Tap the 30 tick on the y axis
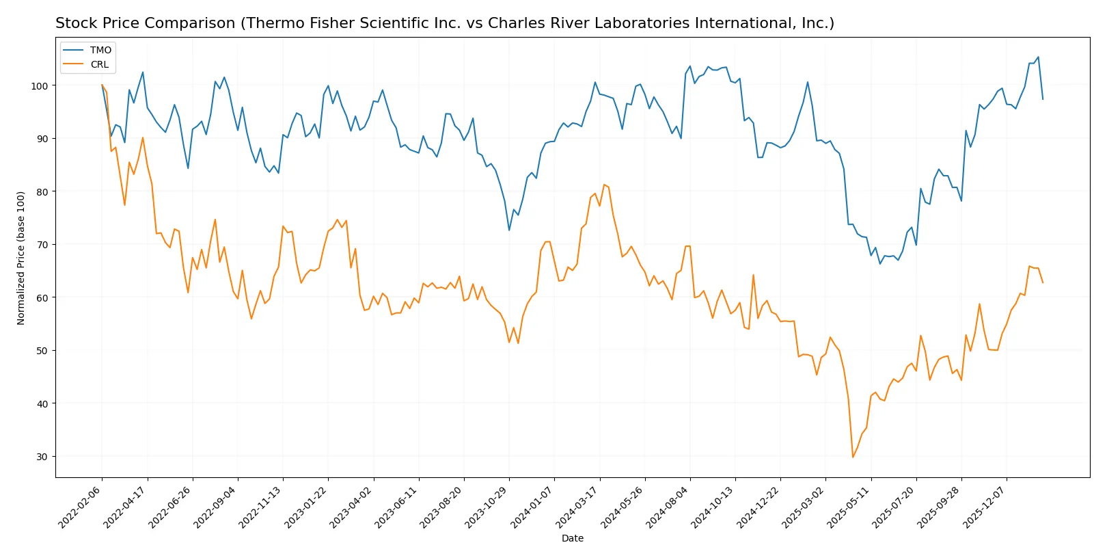pos(41,457)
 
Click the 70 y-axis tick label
pos(41,245)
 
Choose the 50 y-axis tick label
pos(41,351)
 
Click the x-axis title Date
pos(572,539)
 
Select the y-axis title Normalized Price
pos(21,258)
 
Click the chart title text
pos(444,23)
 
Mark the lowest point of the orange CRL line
pos(853,457)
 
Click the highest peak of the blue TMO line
pos(1038,57)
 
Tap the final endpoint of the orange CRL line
pos(1043,283)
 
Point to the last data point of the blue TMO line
pos(1043,99)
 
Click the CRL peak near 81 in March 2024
pos(604,185)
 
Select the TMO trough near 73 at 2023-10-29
pos(509,230)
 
